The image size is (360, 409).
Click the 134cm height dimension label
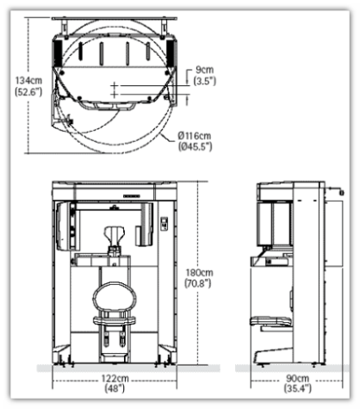tap(28, 81)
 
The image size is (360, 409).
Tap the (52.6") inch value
tap(28, 92)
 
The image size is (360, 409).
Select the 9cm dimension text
tap(205, 70)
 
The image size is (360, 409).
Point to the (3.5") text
tap(205, 81)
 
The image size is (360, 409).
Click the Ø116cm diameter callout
tap(195, 135)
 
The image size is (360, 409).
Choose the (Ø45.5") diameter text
tap(196, 146)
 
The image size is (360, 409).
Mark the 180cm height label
tap(199, 272)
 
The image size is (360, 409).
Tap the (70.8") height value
tap(198, 283)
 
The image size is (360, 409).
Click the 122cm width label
tap(115, 379)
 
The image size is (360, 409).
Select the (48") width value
tap(115, 388)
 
